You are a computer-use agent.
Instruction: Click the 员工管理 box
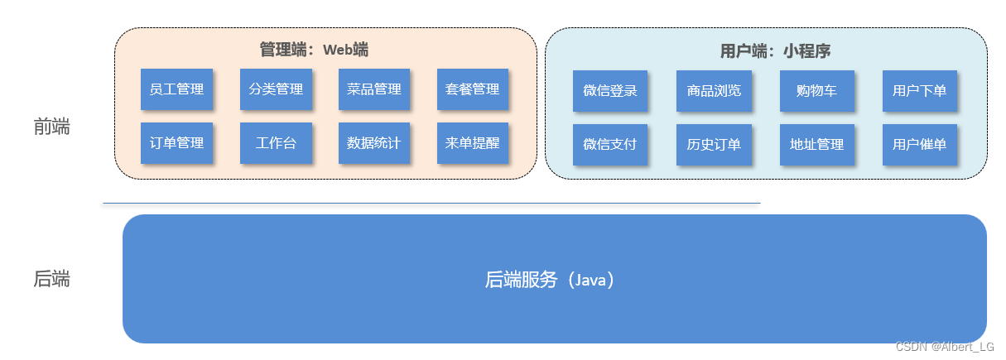pos(176,89)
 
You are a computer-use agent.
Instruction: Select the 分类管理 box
pos(276,89)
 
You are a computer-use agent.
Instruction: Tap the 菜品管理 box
pos(374,89)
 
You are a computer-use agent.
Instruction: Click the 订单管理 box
pos(176,143)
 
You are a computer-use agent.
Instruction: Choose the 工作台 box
pos(276,143)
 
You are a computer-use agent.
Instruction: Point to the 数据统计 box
pos(374,143)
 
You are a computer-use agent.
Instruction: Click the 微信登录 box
pos(610,91)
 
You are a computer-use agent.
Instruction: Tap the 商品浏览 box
pos(714,91)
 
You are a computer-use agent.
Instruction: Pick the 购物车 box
pos(816,91)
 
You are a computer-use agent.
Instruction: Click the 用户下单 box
pos(919,91)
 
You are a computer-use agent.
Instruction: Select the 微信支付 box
pos(610,145)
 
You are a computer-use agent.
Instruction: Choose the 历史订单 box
pos(714,145)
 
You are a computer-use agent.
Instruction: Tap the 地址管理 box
pos(816,145)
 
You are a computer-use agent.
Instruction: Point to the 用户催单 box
pos(919,145)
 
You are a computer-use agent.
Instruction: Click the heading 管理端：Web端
pos(314,50)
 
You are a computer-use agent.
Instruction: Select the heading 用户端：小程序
pos(775,51)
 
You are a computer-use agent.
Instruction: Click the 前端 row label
pos(52,127)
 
